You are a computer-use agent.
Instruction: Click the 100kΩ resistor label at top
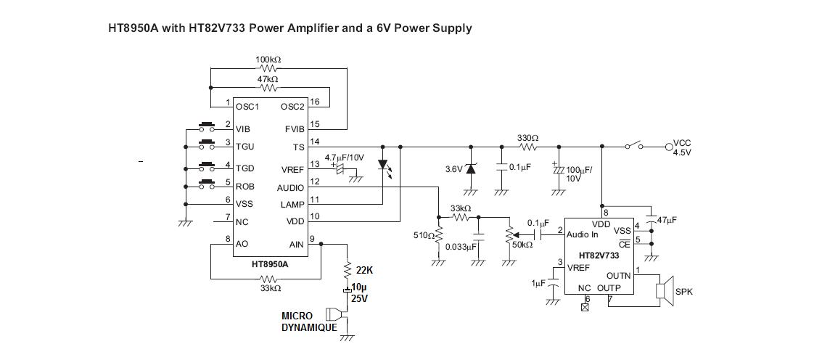[268, 59]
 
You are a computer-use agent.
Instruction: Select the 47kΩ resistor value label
[268, 78]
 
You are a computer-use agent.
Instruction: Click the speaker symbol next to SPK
[664, 290]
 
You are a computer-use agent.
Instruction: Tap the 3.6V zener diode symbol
[470, 168]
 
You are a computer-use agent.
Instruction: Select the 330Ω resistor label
[527, 137]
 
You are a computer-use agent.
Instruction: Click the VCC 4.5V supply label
[683, 148]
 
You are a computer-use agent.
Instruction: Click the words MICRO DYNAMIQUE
[308, 322]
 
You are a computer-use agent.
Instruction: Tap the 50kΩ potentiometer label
[522, 245]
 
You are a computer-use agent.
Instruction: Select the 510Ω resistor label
[423, 235]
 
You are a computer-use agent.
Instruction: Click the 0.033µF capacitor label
[460, 247]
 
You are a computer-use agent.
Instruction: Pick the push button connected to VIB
[208, 125]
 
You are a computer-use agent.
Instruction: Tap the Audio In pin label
[582, 234]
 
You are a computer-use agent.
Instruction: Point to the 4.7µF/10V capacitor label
[344, 157]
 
